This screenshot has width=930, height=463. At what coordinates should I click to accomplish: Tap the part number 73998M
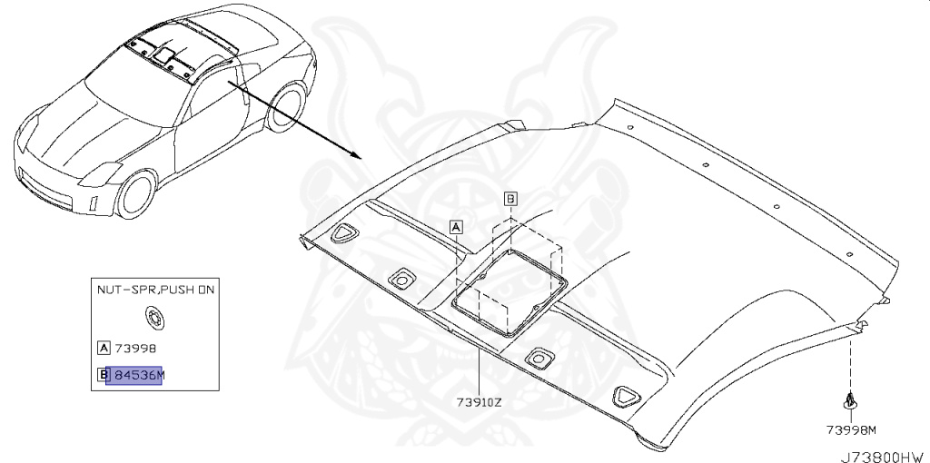(x=851, y=429)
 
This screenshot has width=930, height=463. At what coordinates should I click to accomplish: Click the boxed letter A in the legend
(x=104, y=347)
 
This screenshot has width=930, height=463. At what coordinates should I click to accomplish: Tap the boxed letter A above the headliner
(x=456, y=225)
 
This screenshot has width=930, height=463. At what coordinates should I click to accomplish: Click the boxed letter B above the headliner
(x=510, y=197)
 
